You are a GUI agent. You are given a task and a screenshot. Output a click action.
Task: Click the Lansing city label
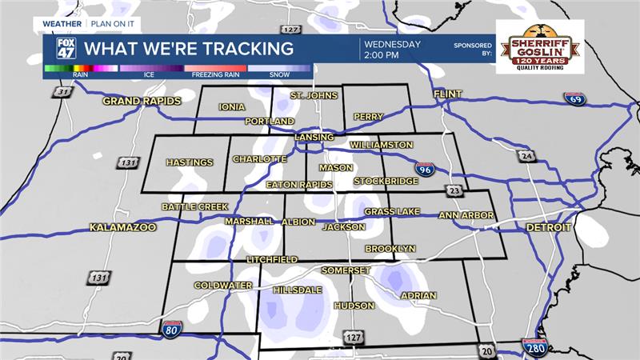coord(314,138)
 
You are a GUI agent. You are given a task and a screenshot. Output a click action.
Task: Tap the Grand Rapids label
coord(137,102)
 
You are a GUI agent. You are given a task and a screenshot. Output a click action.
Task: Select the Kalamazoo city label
coord(122,227)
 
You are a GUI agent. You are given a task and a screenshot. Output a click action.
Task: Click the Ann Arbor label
coord(466,215)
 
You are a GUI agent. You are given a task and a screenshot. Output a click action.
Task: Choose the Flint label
coord(448,94)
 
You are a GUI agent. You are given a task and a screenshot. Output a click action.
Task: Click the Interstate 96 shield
coord(426,169)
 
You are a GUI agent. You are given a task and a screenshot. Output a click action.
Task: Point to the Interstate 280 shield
coord(534,347)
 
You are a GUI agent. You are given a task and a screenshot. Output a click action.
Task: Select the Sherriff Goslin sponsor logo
coord(540,46)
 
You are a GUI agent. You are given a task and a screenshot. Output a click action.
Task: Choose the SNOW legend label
coord(279,74)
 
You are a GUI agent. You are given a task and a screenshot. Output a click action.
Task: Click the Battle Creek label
coord(195,206)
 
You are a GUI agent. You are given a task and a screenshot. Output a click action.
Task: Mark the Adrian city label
coord(418,295)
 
